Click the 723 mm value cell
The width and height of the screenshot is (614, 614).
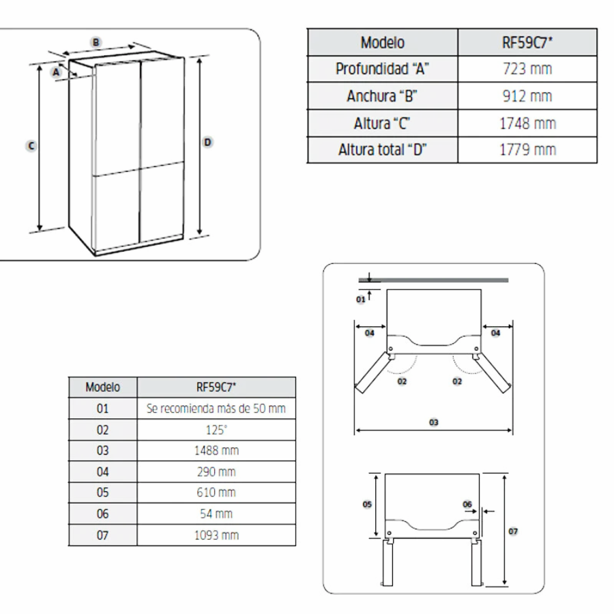pos(527,69)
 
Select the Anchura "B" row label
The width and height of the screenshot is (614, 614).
pos(382,96)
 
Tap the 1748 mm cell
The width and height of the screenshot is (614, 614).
pos(527,123)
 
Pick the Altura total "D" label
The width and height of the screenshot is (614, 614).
pos(382,149)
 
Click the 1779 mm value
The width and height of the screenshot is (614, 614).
pos(527,149)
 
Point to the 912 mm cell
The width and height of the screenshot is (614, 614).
pos(527,96)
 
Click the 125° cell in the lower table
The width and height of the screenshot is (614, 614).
pos(216,430)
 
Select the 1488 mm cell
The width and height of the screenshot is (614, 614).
pos(216,451)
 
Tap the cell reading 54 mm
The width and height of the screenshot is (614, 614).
pos(216,513)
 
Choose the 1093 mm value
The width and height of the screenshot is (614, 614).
pos(216,535)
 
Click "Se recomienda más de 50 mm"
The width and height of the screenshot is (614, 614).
pos(216,409)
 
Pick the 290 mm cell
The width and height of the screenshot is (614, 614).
pos(216,471)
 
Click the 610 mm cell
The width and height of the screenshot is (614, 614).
pos(216,492)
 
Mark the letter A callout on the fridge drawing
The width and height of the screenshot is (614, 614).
pos(56,72)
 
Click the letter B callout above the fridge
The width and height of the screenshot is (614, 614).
pos(96,42)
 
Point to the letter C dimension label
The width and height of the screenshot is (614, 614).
pos(31,146)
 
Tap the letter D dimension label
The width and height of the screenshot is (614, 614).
pos(207,142)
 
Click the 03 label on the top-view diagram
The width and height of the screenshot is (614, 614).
pos(433,422)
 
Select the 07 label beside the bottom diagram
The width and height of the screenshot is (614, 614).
pos(513,531)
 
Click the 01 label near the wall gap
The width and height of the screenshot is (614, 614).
pos(361,299)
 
